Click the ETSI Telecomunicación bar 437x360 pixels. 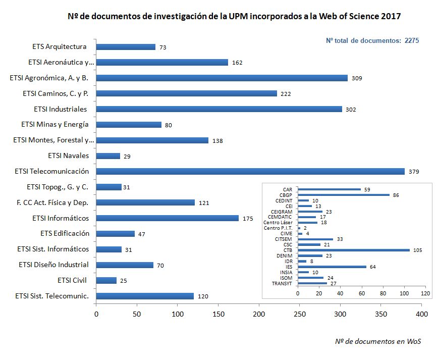[250, 171]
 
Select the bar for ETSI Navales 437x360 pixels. [108, 156]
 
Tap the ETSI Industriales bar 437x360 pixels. [219, 109]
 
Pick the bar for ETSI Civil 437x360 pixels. [106, 280]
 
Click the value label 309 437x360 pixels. [357, 78]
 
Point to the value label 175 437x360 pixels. [247, 219]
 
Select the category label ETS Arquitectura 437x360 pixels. [60, 47]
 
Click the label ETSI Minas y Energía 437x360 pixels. [55, 124]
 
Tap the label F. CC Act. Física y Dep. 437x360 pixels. [52, 202]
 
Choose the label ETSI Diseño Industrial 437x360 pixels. [53, 265]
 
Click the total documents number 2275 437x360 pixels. [412, 41]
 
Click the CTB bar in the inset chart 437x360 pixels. [353, 249]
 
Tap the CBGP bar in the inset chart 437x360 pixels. [344, 194]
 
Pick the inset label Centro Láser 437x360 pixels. [277, 222]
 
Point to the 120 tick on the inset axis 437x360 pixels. [425, 293]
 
